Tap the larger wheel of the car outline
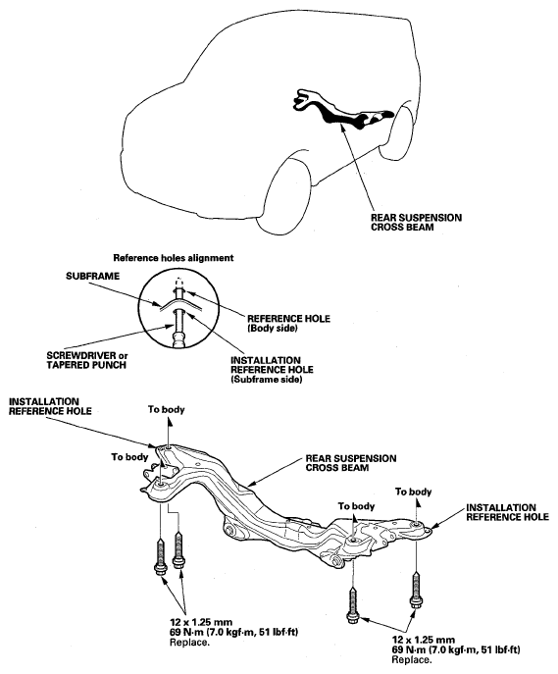coord(291,191)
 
